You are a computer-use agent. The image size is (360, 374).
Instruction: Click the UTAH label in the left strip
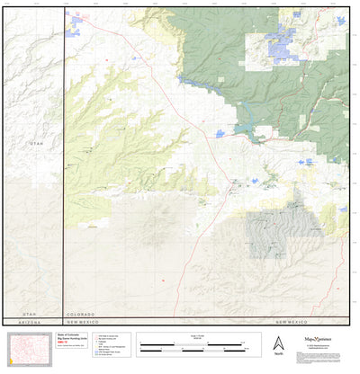pos(36,144)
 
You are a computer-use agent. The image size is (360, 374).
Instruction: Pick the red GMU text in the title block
pos(73,339)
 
